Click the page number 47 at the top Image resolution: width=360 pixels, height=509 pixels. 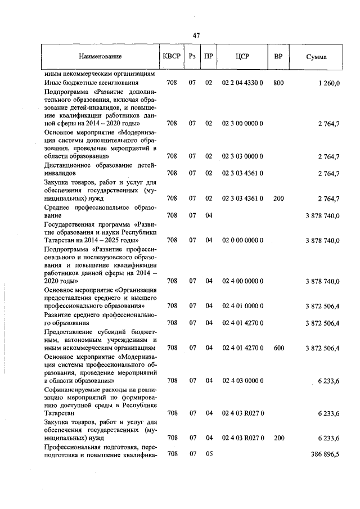tap(197, 35)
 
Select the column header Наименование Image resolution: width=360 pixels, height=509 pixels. tap(100, 57)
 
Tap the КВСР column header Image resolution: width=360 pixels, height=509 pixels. tap(172, 57)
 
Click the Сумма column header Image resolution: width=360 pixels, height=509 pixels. tap(317, 57)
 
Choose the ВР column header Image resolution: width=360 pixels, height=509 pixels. tap(278, 57)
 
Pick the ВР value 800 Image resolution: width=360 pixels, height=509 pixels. tap(278, 83)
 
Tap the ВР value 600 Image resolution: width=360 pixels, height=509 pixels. tap(278, 348)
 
